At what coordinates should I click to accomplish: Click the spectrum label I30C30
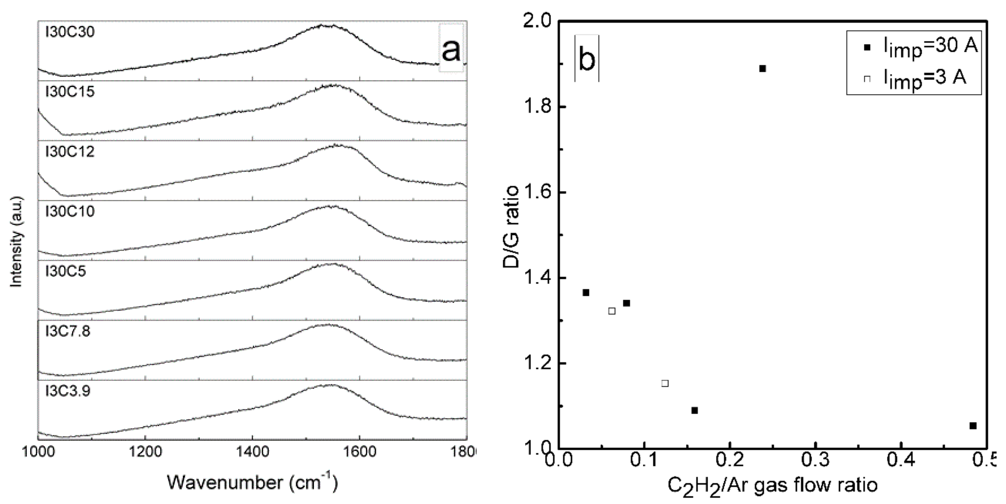coord(70,32)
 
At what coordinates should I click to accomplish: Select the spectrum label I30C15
coord(70,92)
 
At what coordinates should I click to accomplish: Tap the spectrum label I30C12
coord(70,151)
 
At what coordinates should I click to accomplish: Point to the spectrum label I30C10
coord(70,211)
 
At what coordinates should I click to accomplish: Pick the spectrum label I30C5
coord(65,271)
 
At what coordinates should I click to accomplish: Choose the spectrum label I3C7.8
coord(68,331)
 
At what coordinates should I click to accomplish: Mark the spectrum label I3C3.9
coord(68,391)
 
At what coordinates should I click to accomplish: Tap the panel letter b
coord(587,59)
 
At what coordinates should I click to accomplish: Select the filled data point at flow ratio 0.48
coord(973,426)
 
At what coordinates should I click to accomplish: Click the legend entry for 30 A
coord(922,47)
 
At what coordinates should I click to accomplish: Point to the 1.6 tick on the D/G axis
coord(537,193)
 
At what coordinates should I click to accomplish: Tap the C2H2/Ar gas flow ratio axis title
coord(773,485)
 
